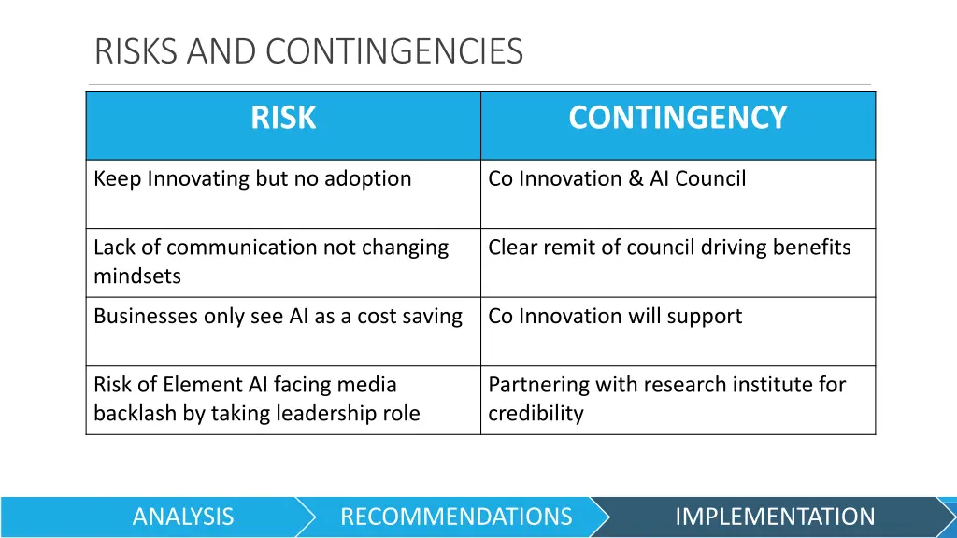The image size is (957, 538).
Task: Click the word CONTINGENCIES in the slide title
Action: [394, 50]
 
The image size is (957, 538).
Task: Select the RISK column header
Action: [283, 119]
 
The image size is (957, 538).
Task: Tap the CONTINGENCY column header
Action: [678, 119]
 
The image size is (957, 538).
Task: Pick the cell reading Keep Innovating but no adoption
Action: [252, 179]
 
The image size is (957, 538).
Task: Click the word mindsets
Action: [137, 276]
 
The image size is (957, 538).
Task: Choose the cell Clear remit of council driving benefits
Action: [669, 248]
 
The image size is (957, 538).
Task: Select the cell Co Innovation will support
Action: [615, 317]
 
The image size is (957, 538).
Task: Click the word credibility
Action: [536, 414]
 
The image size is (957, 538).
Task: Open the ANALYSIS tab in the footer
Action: [183, 517]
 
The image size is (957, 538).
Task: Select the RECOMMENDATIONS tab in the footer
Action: [456, 517]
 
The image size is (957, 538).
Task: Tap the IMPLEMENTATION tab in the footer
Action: [775, 517]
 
